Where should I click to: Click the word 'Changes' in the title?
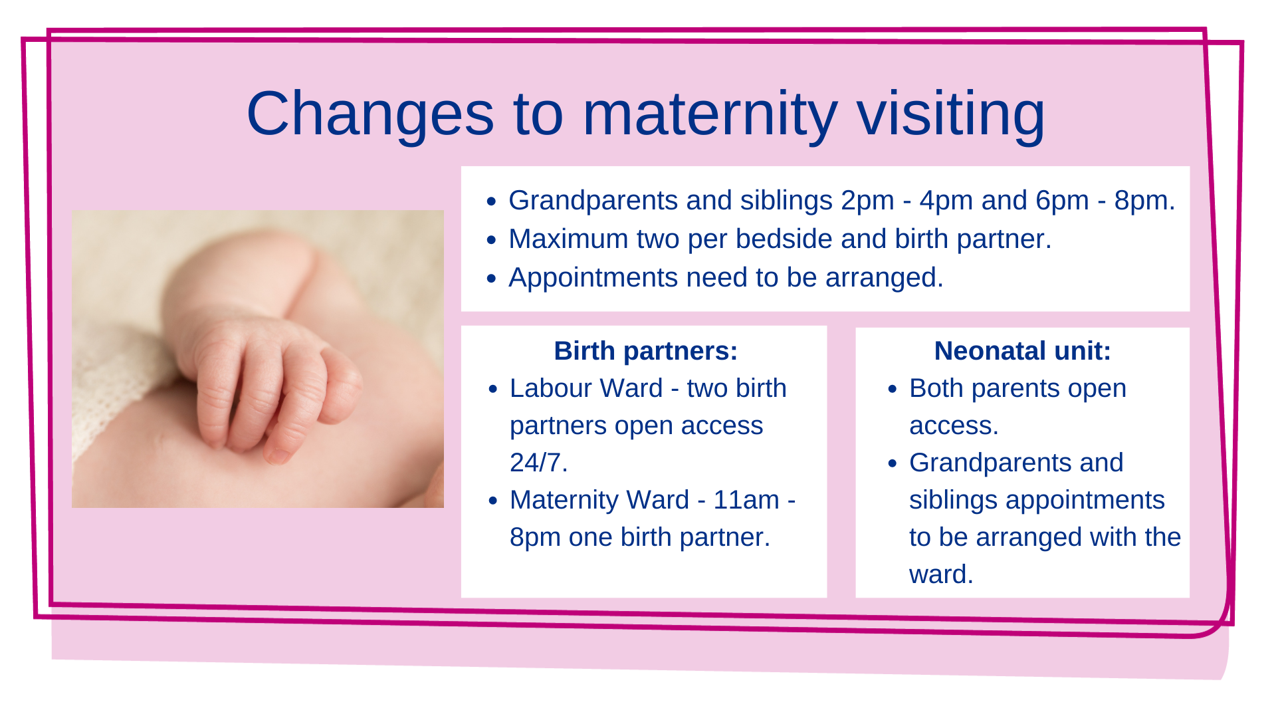click(370, 114)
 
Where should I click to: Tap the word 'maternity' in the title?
click(710, 114)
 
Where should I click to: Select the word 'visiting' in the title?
click(951, 114)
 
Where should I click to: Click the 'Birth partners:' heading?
click(646, 351)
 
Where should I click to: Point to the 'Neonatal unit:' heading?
click(1023, 351)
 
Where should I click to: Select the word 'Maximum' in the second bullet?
click(568, 239)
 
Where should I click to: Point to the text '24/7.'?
click(539, 463)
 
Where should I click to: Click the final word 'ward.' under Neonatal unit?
click(941, 574)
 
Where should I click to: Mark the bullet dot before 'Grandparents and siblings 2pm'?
click(492, 201)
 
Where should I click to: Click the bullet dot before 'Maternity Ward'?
click(492, 501)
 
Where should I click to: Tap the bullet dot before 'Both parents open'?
click(893, 389)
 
